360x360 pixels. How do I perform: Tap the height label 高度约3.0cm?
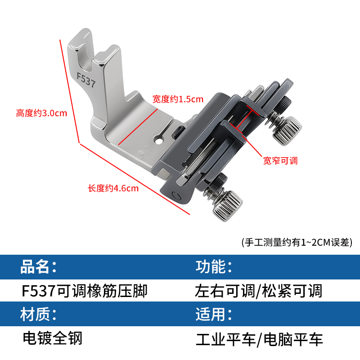41,113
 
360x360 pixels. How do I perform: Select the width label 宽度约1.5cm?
178,99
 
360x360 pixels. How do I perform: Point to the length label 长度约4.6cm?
113,188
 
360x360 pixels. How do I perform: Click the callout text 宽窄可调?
280,161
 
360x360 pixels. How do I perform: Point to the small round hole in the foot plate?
158,141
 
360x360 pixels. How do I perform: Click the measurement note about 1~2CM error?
297,242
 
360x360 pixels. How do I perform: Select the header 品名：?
39,267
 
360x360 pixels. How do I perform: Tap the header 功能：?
214,267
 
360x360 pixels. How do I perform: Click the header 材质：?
39,314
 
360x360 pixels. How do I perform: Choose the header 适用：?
214,314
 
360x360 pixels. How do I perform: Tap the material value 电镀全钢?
52,337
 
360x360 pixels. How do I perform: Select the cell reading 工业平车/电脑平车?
259,339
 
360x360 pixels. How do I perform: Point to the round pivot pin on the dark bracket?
175,195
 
